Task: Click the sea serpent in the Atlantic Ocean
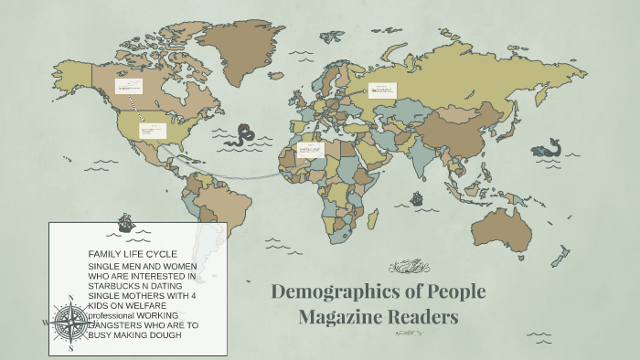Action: (x=244, y=135)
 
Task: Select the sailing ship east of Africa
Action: (x=417, y=197)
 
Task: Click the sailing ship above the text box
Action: (x=126, y=221)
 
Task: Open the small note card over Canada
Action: (x=127, y=87)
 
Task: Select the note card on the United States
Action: (x=152, y=131)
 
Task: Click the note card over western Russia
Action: (x=382, y=90)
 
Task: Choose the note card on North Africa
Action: (x=312, y=148)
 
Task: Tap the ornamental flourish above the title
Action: (x=409, y=268)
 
